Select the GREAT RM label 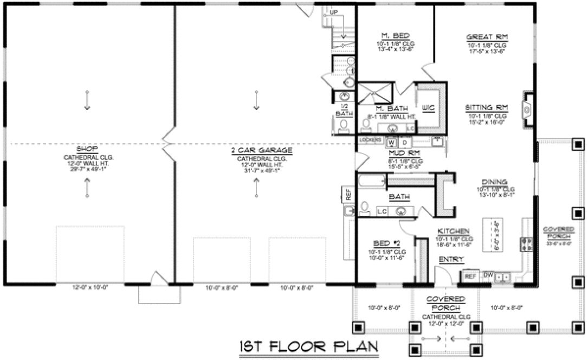pos(486,37)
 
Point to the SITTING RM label pos(486,108)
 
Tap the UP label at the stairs pos(334,11)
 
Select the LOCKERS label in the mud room pos(368,139)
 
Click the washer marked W pos(390,143)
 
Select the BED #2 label pos(384,244)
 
